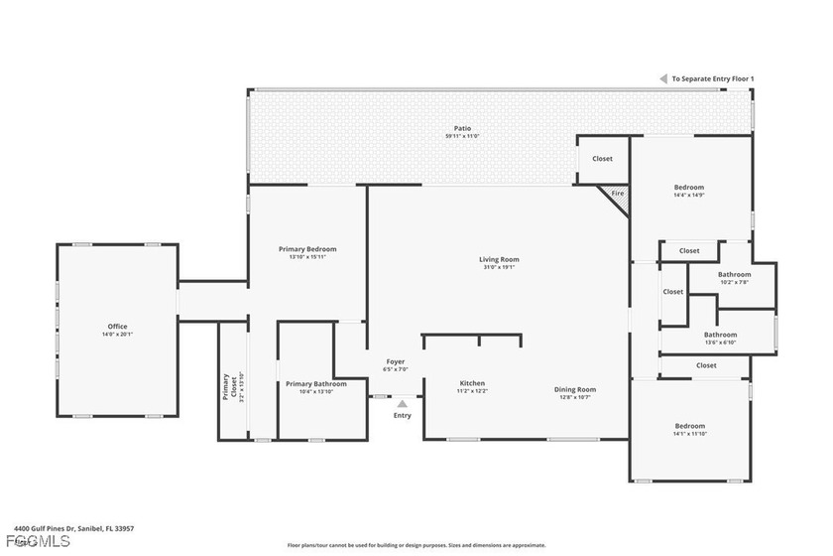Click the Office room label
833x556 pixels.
pos(117,327)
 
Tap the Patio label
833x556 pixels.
pos(462,128)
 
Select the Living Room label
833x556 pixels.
pos(499,260)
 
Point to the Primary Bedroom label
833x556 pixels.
pos(306,249)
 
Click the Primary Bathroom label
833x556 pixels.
pos(315,384)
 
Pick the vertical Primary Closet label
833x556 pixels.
pos(226,386)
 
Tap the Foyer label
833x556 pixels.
pos(396,361)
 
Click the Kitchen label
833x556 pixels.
pos(471,383)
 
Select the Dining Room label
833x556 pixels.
pos(574,389)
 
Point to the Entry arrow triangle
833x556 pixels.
pos(402,403)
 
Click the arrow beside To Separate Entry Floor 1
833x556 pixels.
pos(663,78)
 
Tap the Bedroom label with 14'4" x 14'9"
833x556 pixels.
pos(688,188)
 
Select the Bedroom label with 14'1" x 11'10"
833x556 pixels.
pos(688,426)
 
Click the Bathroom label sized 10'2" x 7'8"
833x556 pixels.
pos(735,275)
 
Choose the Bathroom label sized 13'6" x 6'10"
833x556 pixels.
pos(720,335)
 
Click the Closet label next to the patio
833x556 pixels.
pos(602,159)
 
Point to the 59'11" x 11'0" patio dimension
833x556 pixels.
pos(462,136)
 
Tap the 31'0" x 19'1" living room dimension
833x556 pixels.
pos(499,268)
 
